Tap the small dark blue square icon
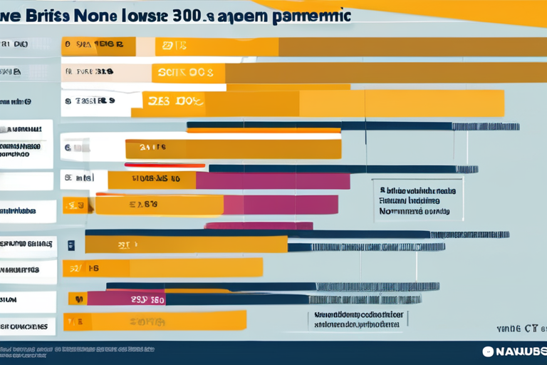tap(71, 245)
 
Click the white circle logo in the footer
tap(488, 351)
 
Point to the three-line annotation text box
tap(417, 201)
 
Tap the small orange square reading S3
tap(77, 205)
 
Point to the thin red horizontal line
tap(165, 165)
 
